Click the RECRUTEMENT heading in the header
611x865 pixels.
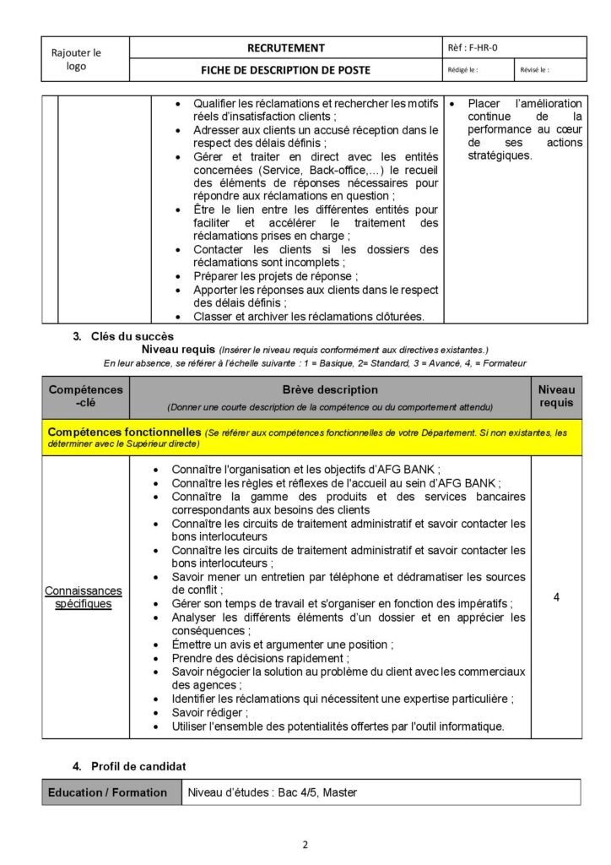pos(284,48)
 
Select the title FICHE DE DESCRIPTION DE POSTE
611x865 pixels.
pos(284,70)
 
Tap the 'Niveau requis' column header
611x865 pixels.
pos(556,396)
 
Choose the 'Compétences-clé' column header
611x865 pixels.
pos(85,396)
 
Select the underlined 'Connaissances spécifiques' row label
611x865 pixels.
pos(84,597)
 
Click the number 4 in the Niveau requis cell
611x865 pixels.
pos(556,597)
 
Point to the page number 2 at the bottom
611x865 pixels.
pos(305,843)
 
